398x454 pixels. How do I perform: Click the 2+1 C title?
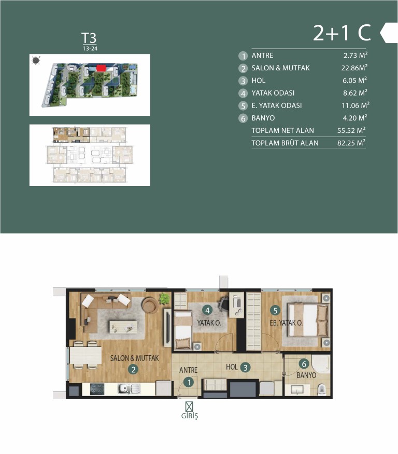342,33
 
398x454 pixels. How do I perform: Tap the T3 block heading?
89,38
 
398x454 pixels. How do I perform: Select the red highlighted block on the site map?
101,68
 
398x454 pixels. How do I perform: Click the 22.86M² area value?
354,68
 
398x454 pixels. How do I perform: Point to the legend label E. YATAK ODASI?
276,105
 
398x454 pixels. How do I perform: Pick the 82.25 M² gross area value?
351,143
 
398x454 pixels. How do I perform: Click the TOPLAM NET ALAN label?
282,130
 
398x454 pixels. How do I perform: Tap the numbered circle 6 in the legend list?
243,118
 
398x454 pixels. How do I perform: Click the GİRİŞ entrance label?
190,416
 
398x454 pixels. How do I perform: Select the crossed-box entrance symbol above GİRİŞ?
189,406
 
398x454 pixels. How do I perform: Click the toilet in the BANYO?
322,390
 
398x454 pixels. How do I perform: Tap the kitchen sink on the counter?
129,389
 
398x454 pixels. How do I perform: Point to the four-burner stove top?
97,389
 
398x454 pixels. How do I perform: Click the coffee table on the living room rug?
123,327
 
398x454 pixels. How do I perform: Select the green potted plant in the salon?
164,298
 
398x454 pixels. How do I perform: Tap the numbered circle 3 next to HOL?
246,368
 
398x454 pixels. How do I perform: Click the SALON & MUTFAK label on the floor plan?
134,358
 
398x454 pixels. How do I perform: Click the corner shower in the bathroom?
321,364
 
